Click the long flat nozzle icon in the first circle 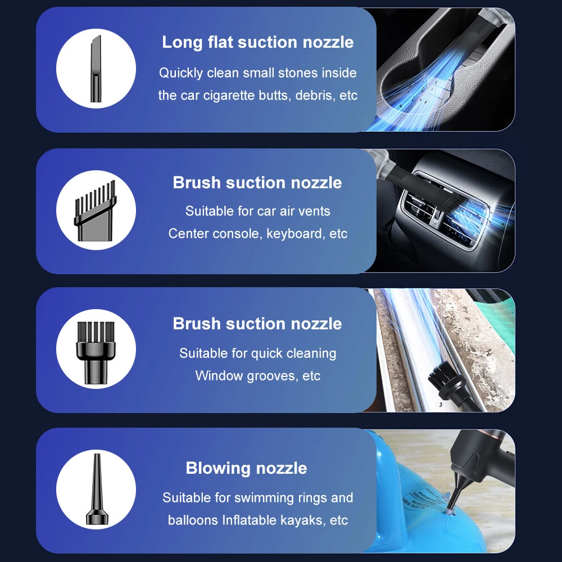tap(96, 69)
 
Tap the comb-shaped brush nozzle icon tap(95, 211)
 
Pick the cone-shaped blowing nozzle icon tap(97, 489)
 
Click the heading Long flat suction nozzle tap(258, 42)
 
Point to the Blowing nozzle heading tap(246, 468)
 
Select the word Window tap(219, 375)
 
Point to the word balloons tap(193, 520)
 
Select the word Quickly tap(181, 73)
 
